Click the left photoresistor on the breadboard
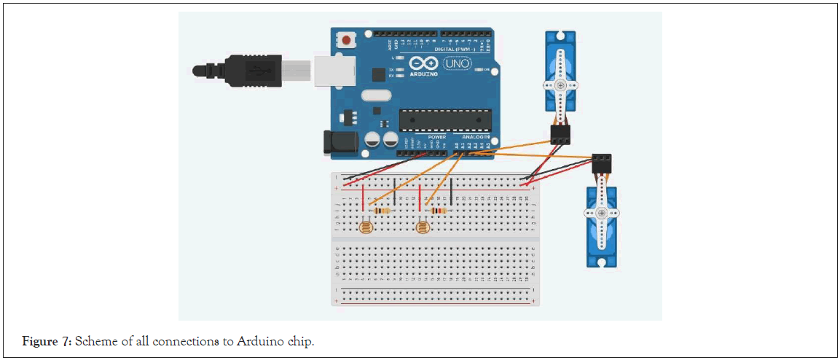pos(364,229)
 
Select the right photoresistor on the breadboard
pos(422,229)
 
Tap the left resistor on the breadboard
pos(380,211)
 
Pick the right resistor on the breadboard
pos(439,211)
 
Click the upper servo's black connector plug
pos(560,133)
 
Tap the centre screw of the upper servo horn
pos(560,85)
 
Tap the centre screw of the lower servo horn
pos(601,213)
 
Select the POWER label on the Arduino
pos(436,136)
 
